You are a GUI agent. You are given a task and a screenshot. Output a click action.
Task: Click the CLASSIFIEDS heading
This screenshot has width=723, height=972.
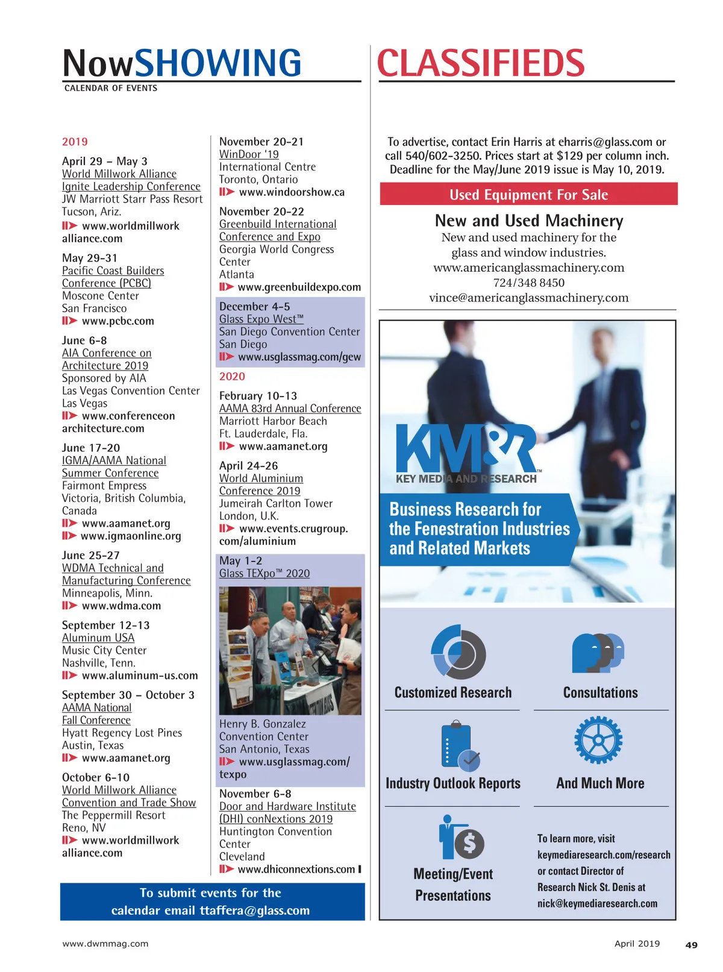pos(480,64)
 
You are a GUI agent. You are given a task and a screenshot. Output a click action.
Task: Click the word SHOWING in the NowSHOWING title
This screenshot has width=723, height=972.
pos(218,64)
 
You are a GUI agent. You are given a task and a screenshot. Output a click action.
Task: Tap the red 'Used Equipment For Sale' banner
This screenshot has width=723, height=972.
pos(528,195)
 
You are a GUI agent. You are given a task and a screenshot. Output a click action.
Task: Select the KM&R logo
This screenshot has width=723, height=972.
pos(466,448)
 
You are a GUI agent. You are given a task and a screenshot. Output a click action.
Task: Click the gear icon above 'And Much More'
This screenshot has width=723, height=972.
pos(598,740)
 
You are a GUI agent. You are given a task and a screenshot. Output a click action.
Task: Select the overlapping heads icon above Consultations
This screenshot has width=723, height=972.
pos(598,653)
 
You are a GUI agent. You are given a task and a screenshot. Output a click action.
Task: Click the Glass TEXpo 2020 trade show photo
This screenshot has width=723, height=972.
pos(290,650)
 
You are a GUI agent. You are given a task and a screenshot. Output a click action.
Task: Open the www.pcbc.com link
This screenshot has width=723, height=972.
pos(117,321)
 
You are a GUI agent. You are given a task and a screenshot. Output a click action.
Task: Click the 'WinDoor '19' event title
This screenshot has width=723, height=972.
pos(249,154)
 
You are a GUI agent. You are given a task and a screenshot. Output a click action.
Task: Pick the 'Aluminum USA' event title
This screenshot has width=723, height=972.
pos(98,638)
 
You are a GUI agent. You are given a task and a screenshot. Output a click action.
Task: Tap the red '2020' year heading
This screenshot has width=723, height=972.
pos(232,377)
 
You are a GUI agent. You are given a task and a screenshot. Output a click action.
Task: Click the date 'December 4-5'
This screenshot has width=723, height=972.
pos(254,307)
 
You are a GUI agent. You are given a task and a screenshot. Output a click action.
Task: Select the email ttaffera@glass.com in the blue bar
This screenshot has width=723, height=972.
pos(254,911)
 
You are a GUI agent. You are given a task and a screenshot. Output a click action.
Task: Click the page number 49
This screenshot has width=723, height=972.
pos(691,945)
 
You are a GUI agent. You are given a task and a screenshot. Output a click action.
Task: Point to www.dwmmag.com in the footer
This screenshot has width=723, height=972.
pos(105,944)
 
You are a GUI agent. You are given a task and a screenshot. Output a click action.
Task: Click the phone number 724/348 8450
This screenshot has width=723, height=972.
pos(528,283)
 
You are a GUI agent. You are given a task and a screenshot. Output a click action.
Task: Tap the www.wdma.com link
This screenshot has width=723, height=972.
pos(121,606)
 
